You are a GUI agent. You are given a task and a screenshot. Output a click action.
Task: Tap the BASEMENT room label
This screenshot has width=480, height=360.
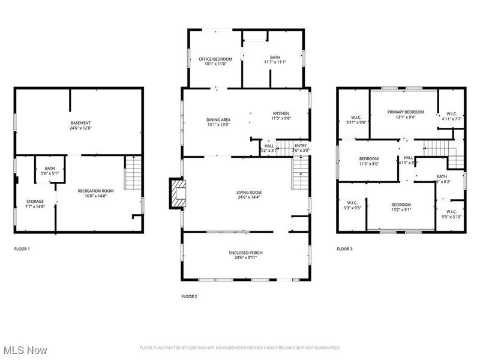coord(80,123)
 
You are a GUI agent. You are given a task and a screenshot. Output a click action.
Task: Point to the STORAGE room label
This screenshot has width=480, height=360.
coord(34,202)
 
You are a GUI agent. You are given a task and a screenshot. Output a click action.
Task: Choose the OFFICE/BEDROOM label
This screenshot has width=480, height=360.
coord(214,59)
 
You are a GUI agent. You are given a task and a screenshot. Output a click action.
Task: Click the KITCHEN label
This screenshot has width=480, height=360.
coord(281,113)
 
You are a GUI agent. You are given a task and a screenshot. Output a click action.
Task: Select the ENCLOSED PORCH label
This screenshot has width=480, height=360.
coord(246,253)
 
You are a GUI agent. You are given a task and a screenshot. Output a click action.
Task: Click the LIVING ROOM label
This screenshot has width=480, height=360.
coord(248,193)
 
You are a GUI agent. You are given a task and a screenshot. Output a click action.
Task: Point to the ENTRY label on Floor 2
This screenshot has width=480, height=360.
coord(301,145)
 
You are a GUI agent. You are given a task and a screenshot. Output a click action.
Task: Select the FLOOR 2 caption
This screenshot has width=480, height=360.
coord(189,296)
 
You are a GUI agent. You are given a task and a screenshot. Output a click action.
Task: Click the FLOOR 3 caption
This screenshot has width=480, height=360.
coord(344,248)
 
